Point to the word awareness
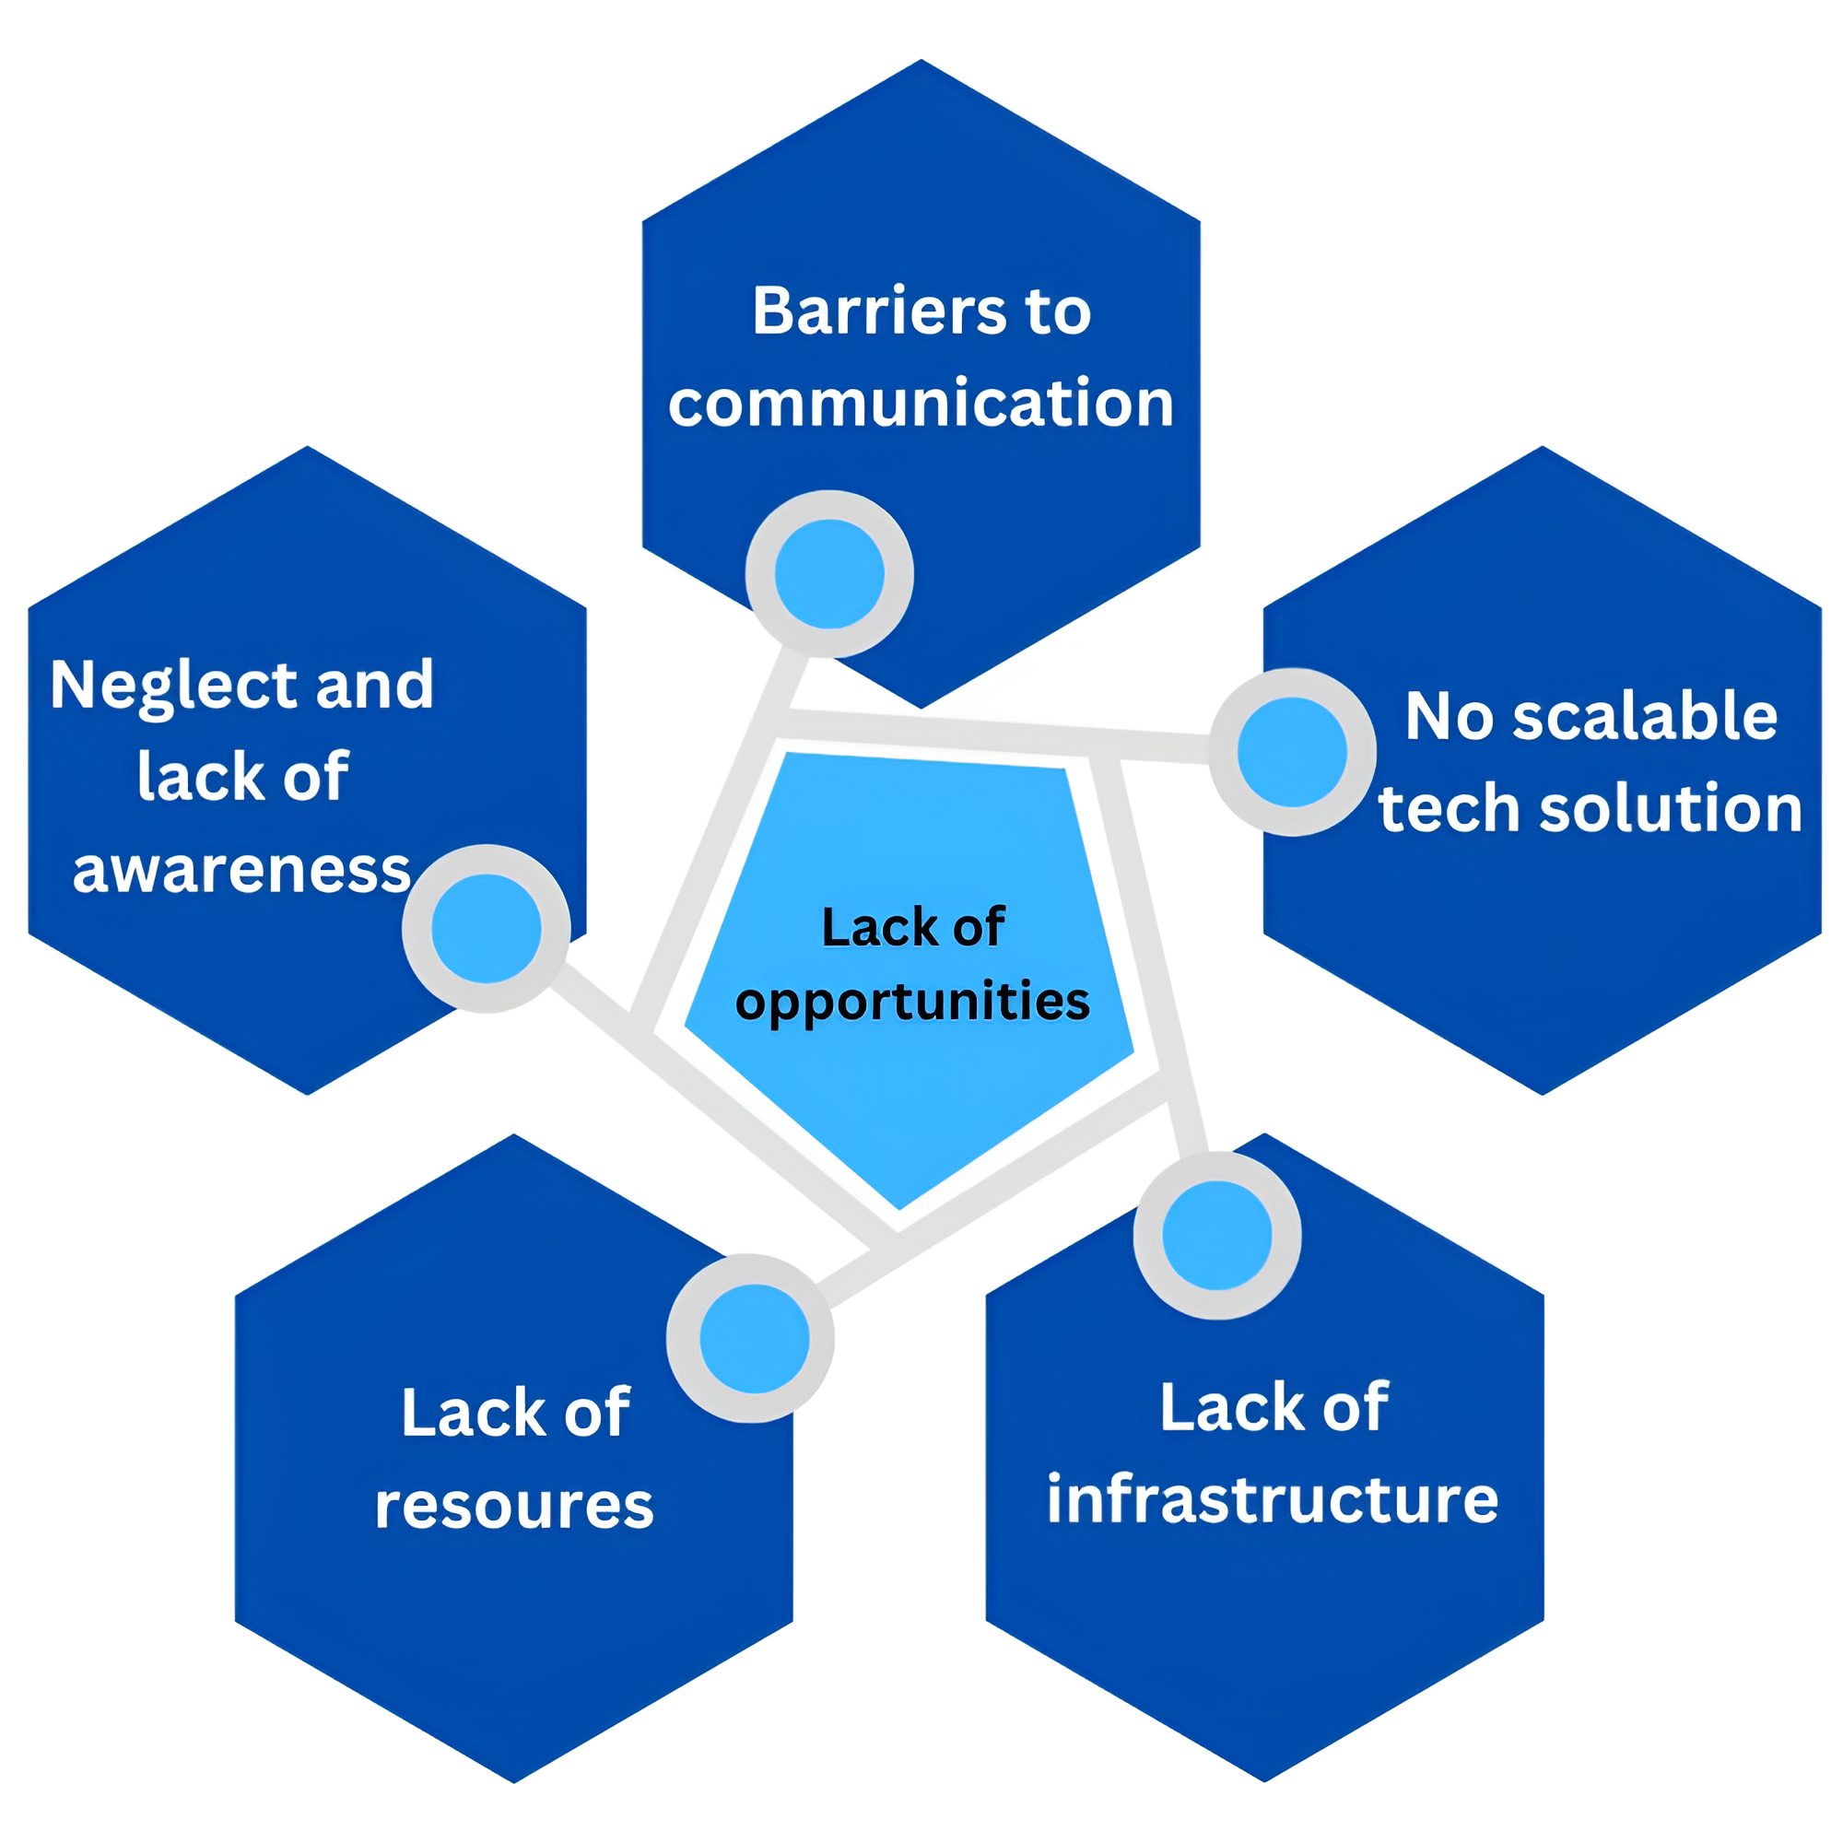coord(241,870)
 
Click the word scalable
coord(1645,716)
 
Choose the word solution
coord(1671,808)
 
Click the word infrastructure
coord(1273,1499)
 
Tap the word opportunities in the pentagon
coord(912,1002)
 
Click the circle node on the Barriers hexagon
coord(829,574)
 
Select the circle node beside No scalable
coord(1292,752)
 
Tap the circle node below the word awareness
coord(487,928)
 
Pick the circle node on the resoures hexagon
coord(754,1338)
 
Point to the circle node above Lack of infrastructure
coord(1216,1236)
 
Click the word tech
coord(1448,809)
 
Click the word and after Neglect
coord(374,685)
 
